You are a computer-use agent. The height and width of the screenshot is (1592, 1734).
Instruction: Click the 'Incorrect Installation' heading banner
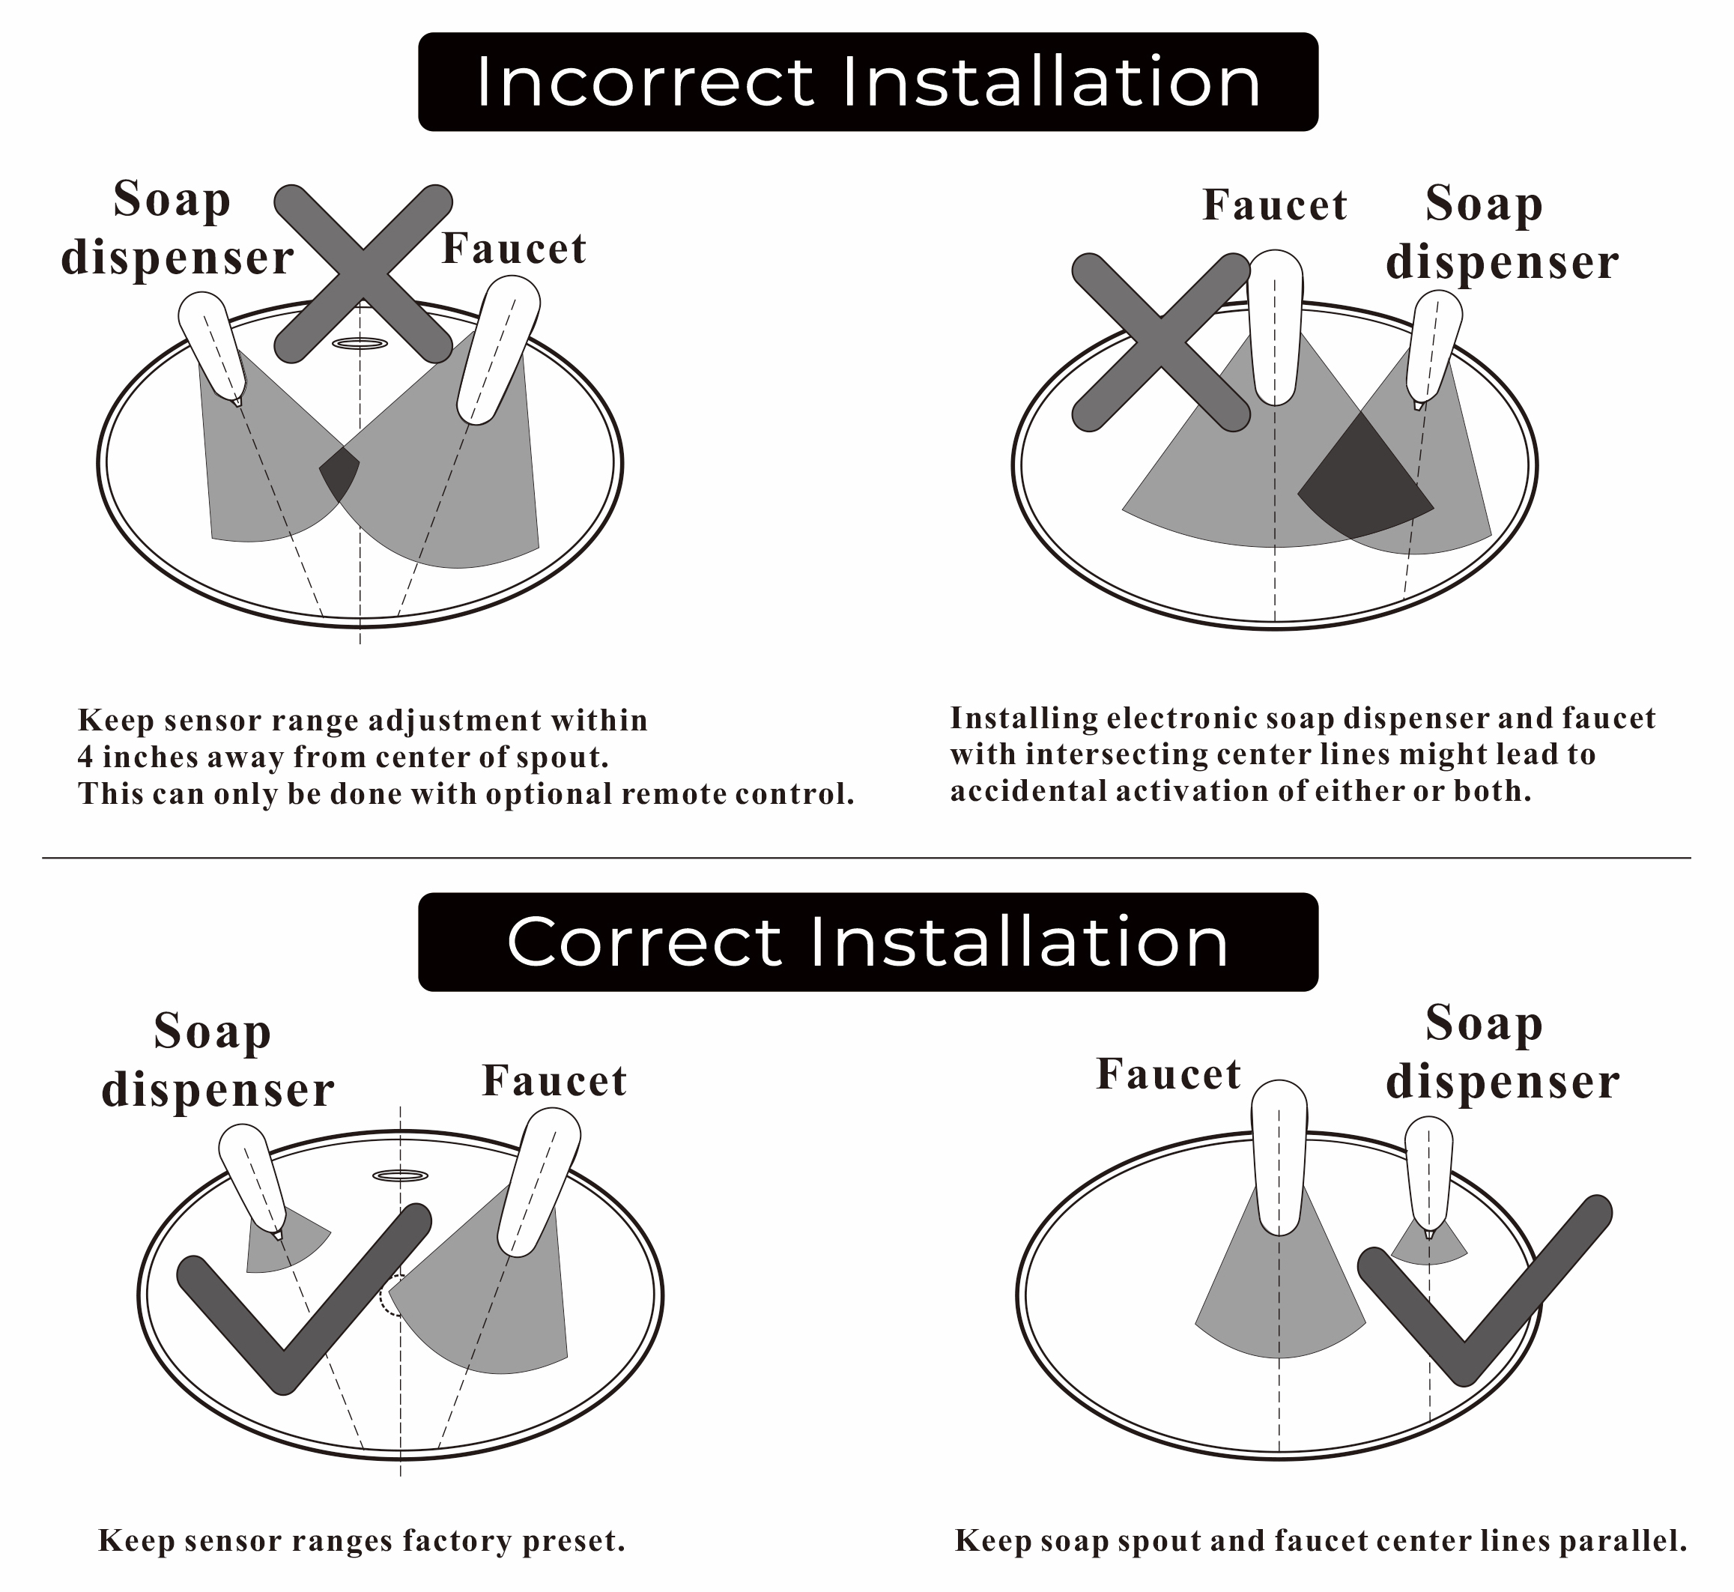pyautogui.click(x=867, y=82)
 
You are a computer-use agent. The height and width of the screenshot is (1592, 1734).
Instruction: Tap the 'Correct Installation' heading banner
pyautogui.click(x=867, y=942)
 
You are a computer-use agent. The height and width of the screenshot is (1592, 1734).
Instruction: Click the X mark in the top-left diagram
pyautogui.click(x=363, y=273)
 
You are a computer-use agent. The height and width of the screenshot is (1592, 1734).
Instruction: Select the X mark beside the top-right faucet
pyautogui.click(x=1161, y=342)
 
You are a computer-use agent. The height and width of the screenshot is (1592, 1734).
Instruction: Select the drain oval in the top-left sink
pyautogui.click(x=360, y=344)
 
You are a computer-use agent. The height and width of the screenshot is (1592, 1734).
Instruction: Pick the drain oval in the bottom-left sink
pyautogui.click(x=401, y=1176)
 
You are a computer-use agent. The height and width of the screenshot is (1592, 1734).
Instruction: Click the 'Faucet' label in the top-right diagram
pyautogui.click(x=1275, y=205)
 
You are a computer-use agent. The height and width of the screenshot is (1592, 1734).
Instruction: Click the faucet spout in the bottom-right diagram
pyautogui.click(x=1279, y=1157)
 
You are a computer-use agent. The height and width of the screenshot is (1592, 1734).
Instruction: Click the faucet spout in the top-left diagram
pyautogui.click(x=498, y=349)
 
